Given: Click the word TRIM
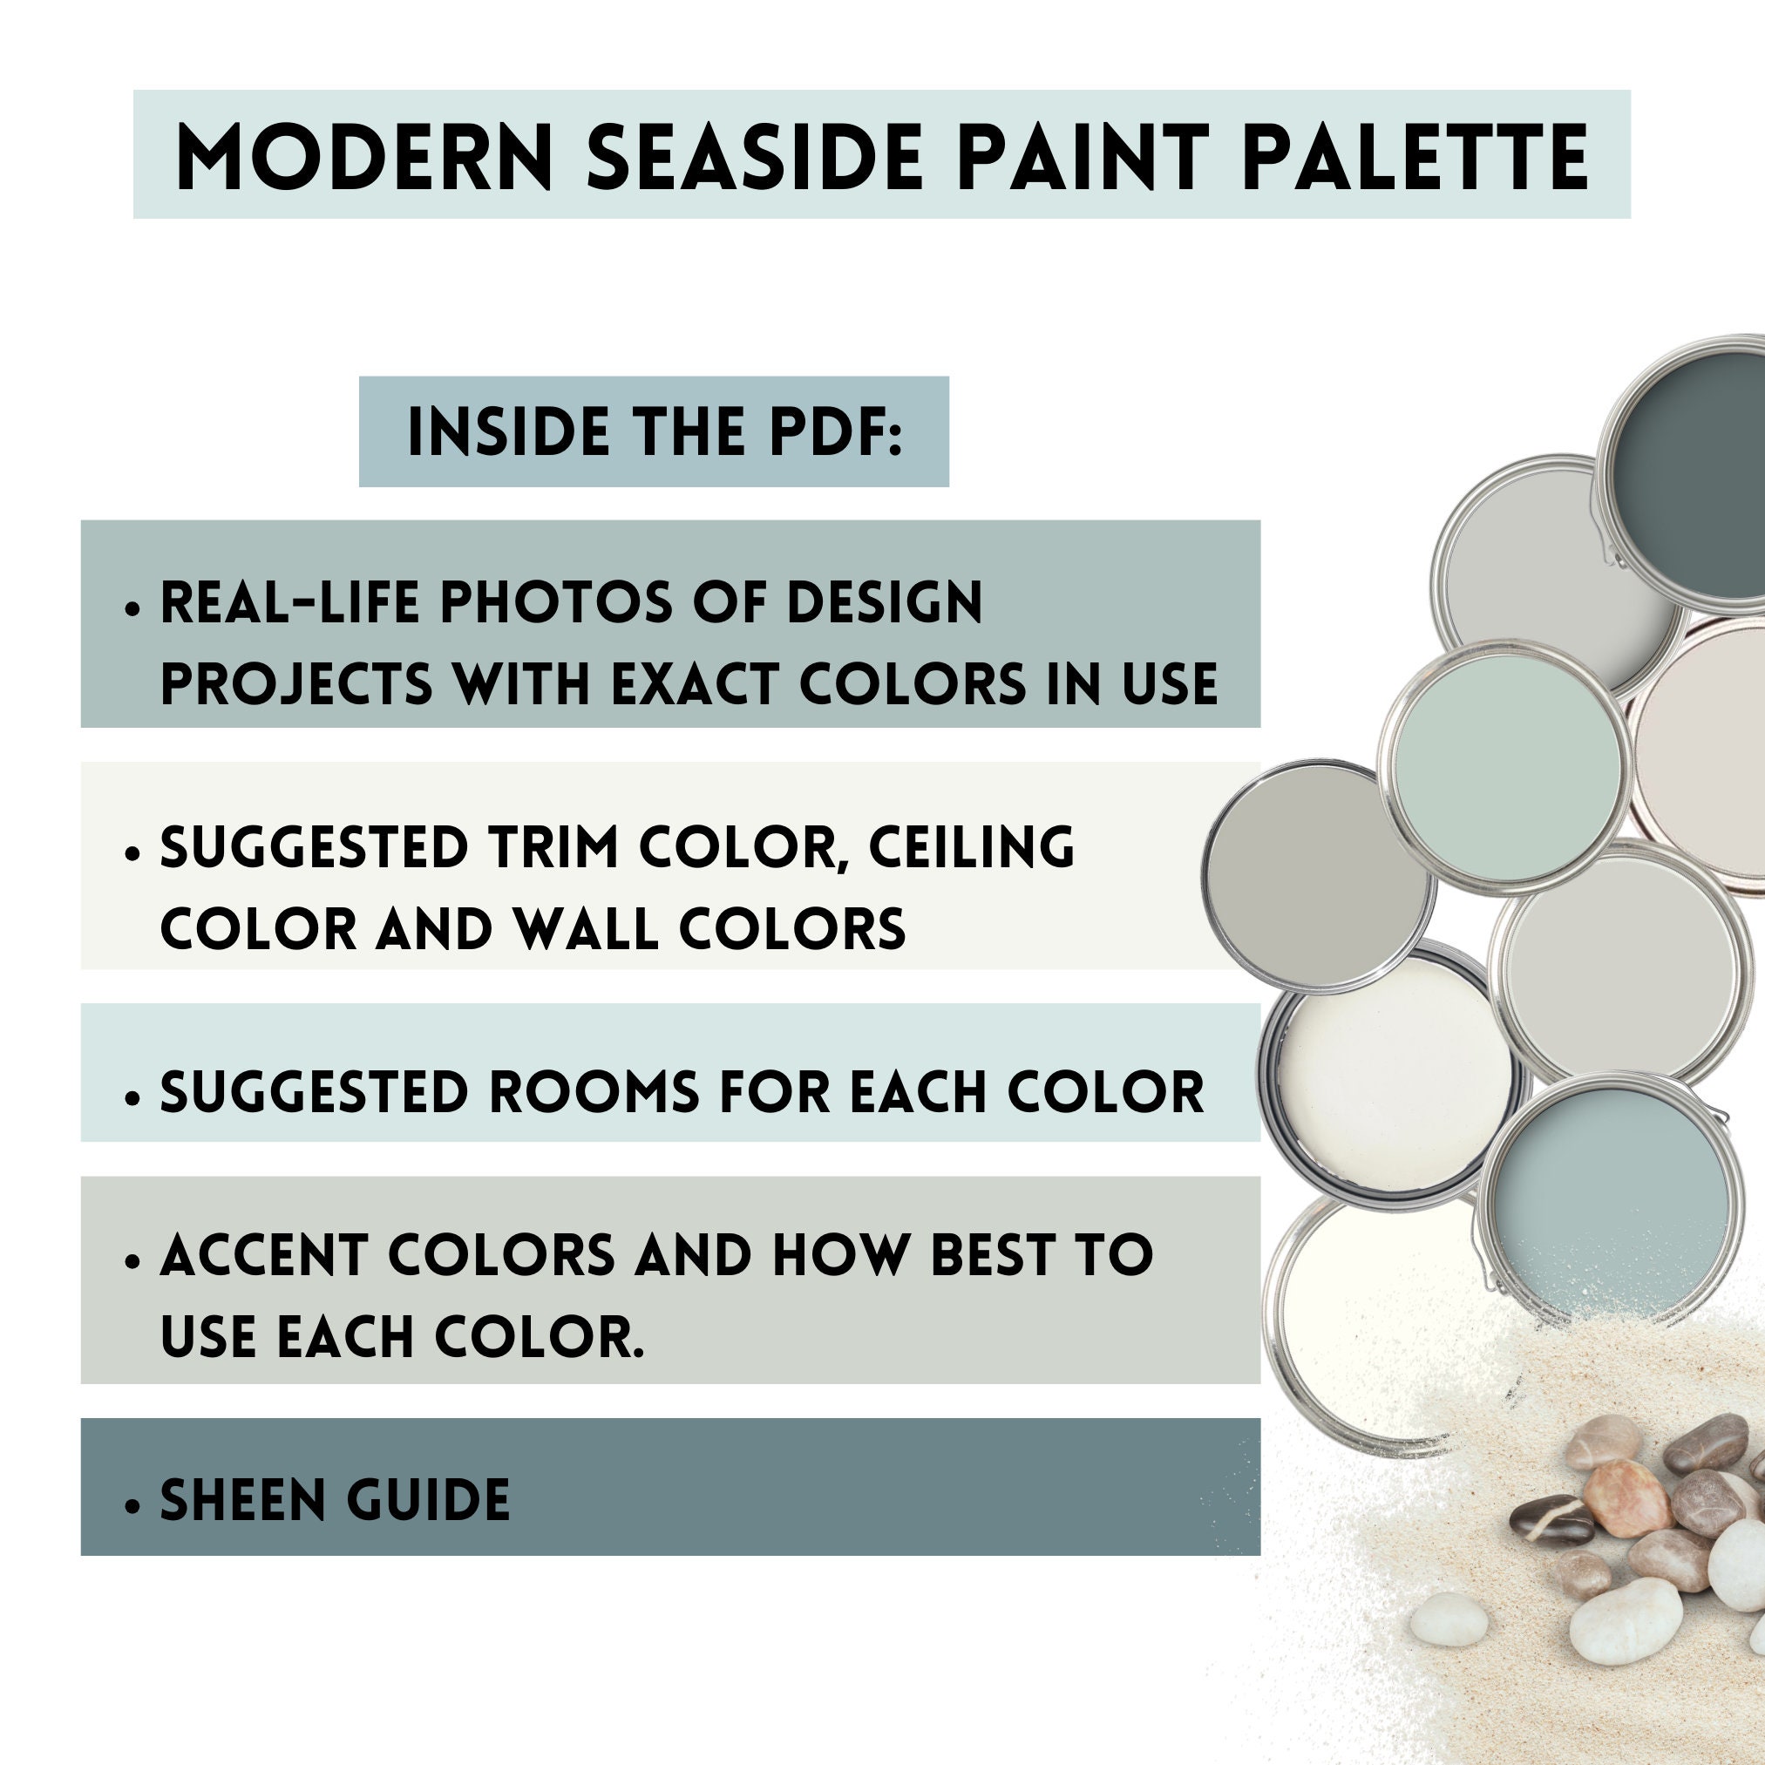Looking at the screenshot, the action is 553,847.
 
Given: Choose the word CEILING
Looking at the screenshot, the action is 971,847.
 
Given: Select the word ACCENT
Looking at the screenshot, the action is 264,1255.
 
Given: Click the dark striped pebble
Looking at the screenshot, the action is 1552,1521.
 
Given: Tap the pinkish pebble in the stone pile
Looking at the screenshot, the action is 1627,1499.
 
